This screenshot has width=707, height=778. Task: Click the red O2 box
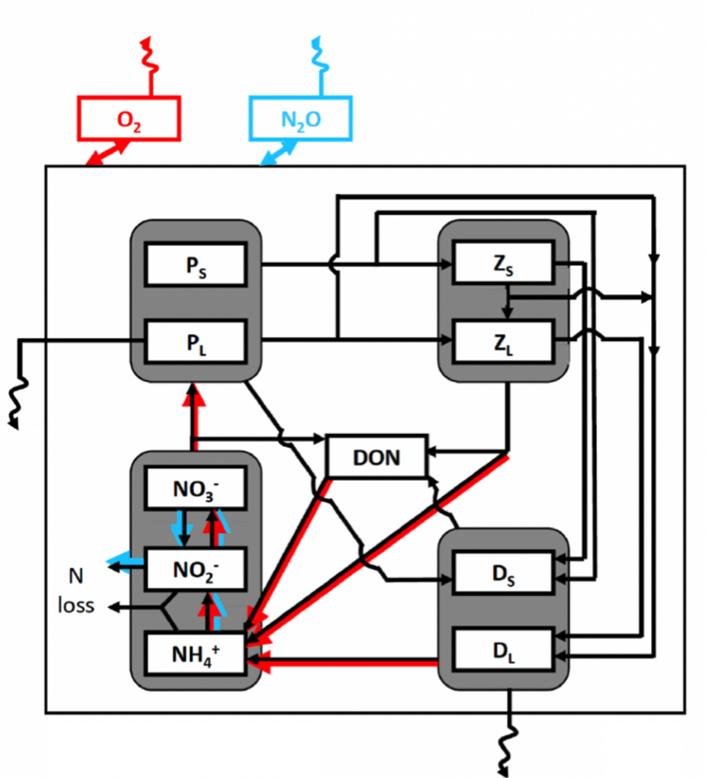(128, 119)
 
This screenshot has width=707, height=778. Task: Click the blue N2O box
(300, 119)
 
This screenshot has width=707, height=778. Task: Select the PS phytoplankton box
(196, 265)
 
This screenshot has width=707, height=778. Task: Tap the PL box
(196, 342)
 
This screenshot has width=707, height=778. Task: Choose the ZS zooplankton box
(503, 263)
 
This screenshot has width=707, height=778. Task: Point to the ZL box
(503, 342)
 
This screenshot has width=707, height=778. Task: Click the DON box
(376, 457)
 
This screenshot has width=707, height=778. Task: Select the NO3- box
(196, 488)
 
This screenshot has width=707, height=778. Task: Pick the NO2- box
(196, 569)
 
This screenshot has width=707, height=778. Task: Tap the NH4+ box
(196, 653)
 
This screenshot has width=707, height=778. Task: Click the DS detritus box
(503, 573)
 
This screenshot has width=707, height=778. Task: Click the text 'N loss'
(76, 591)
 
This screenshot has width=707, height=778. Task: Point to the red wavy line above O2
(147, 56)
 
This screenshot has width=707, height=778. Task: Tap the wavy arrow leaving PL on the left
(18, 395)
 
